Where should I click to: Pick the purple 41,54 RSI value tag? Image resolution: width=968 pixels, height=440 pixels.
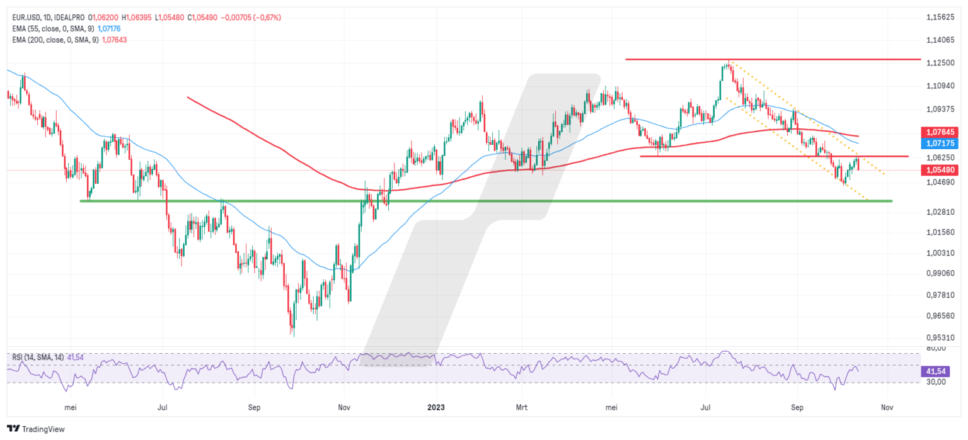coord(936,371)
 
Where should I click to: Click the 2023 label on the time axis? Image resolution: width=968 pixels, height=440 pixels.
coord(436,407)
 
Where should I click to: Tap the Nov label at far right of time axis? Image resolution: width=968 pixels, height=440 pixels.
coord(887,407)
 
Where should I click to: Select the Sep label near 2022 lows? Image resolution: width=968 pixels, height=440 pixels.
coord(254,407)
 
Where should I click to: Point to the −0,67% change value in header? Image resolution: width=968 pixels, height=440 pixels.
coord(268,18)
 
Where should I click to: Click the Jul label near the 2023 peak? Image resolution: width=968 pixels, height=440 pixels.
coord(706,407)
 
